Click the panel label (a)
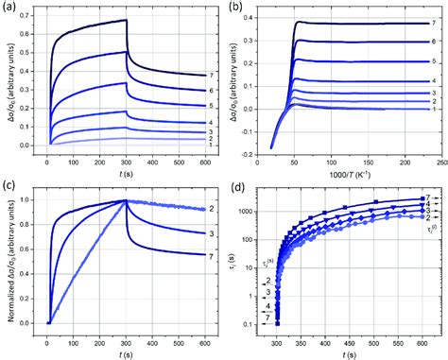[x=9, y=8]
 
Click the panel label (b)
[x=235, y=8]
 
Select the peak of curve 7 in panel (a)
[x=126, y=20]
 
